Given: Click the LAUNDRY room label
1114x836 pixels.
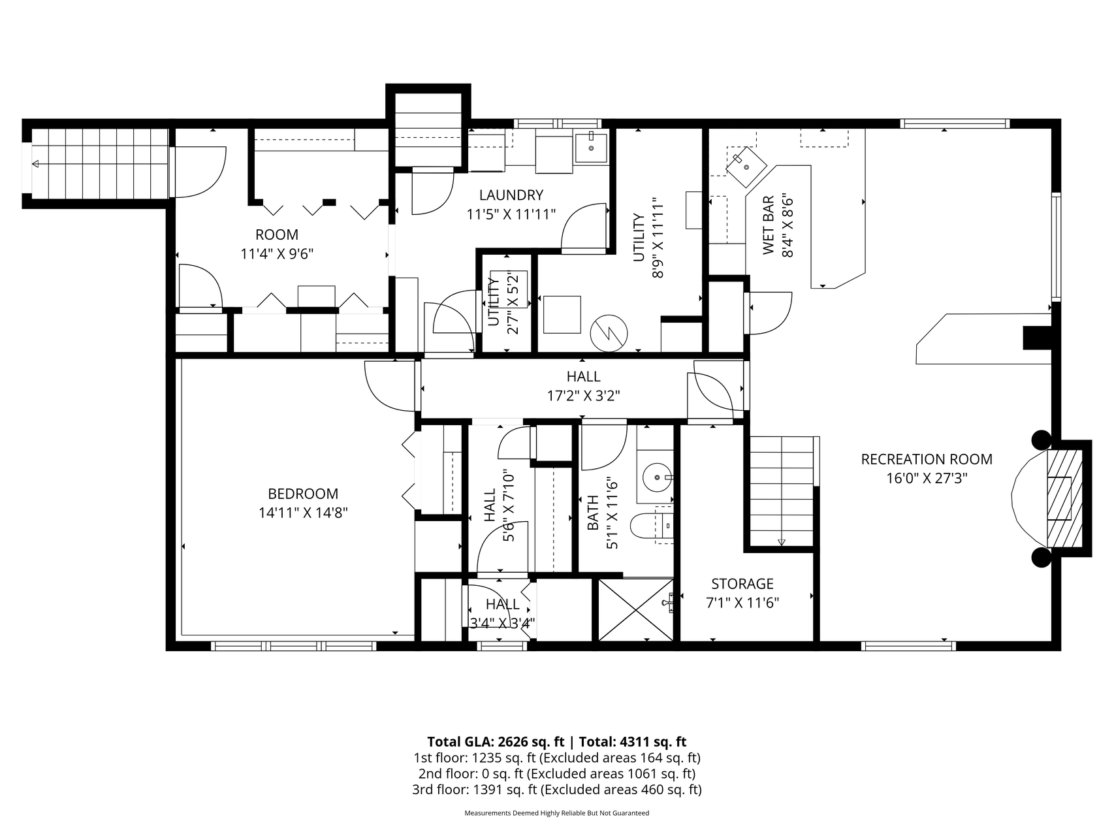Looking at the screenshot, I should [x=511, y=195].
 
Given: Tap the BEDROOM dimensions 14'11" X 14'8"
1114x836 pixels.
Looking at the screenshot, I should [x=303, y=513].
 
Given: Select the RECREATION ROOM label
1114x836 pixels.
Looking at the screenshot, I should [x=927, y=459].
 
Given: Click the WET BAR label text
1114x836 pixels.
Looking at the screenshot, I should [x=769, y=225].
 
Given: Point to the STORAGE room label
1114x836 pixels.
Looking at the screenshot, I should [x=742, y=583].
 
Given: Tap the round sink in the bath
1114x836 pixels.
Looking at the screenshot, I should [x=654, y=477].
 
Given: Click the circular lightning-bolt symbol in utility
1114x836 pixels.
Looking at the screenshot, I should [x=608, y=334].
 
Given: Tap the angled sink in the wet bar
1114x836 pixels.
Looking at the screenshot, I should [x=746, y=165].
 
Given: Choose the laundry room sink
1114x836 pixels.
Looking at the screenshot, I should [x=591, y=148].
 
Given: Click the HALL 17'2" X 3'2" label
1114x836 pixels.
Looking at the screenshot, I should [x=583, y=385].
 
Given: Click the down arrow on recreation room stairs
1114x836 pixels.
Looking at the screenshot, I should [x=781, y=541].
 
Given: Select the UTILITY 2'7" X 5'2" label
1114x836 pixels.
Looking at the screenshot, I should [x=503, y=301].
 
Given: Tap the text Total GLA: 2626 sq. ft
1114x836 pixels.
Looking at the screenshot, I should [x=496, y=742].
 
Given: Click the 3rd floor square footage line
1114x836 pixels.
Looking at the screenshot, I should [x=557, y=790].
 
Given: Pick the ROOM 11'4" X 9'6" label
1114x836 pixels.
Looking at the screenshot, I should [x=277, y=244].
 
